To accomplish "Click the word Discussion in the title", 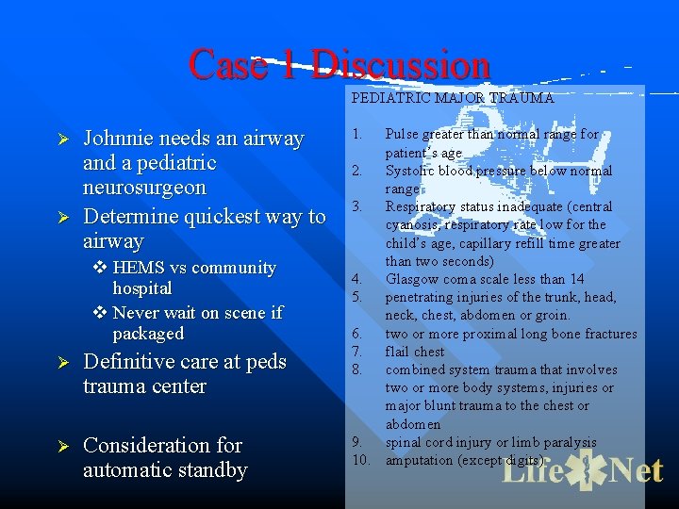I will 401,65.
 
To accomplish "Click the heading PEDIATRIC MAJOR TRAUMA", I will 452,97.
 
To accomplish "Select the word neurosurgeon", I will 144,188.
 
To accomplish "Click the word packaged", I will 148,334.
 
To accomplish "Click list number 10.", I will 360,460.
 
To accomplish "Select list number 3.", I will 357,206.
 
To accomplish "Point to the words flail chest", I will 414,352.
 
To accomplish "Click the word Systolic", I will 410,171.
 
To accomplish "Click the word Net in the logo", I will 635,470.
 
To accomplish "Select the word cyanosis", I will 416,224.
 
